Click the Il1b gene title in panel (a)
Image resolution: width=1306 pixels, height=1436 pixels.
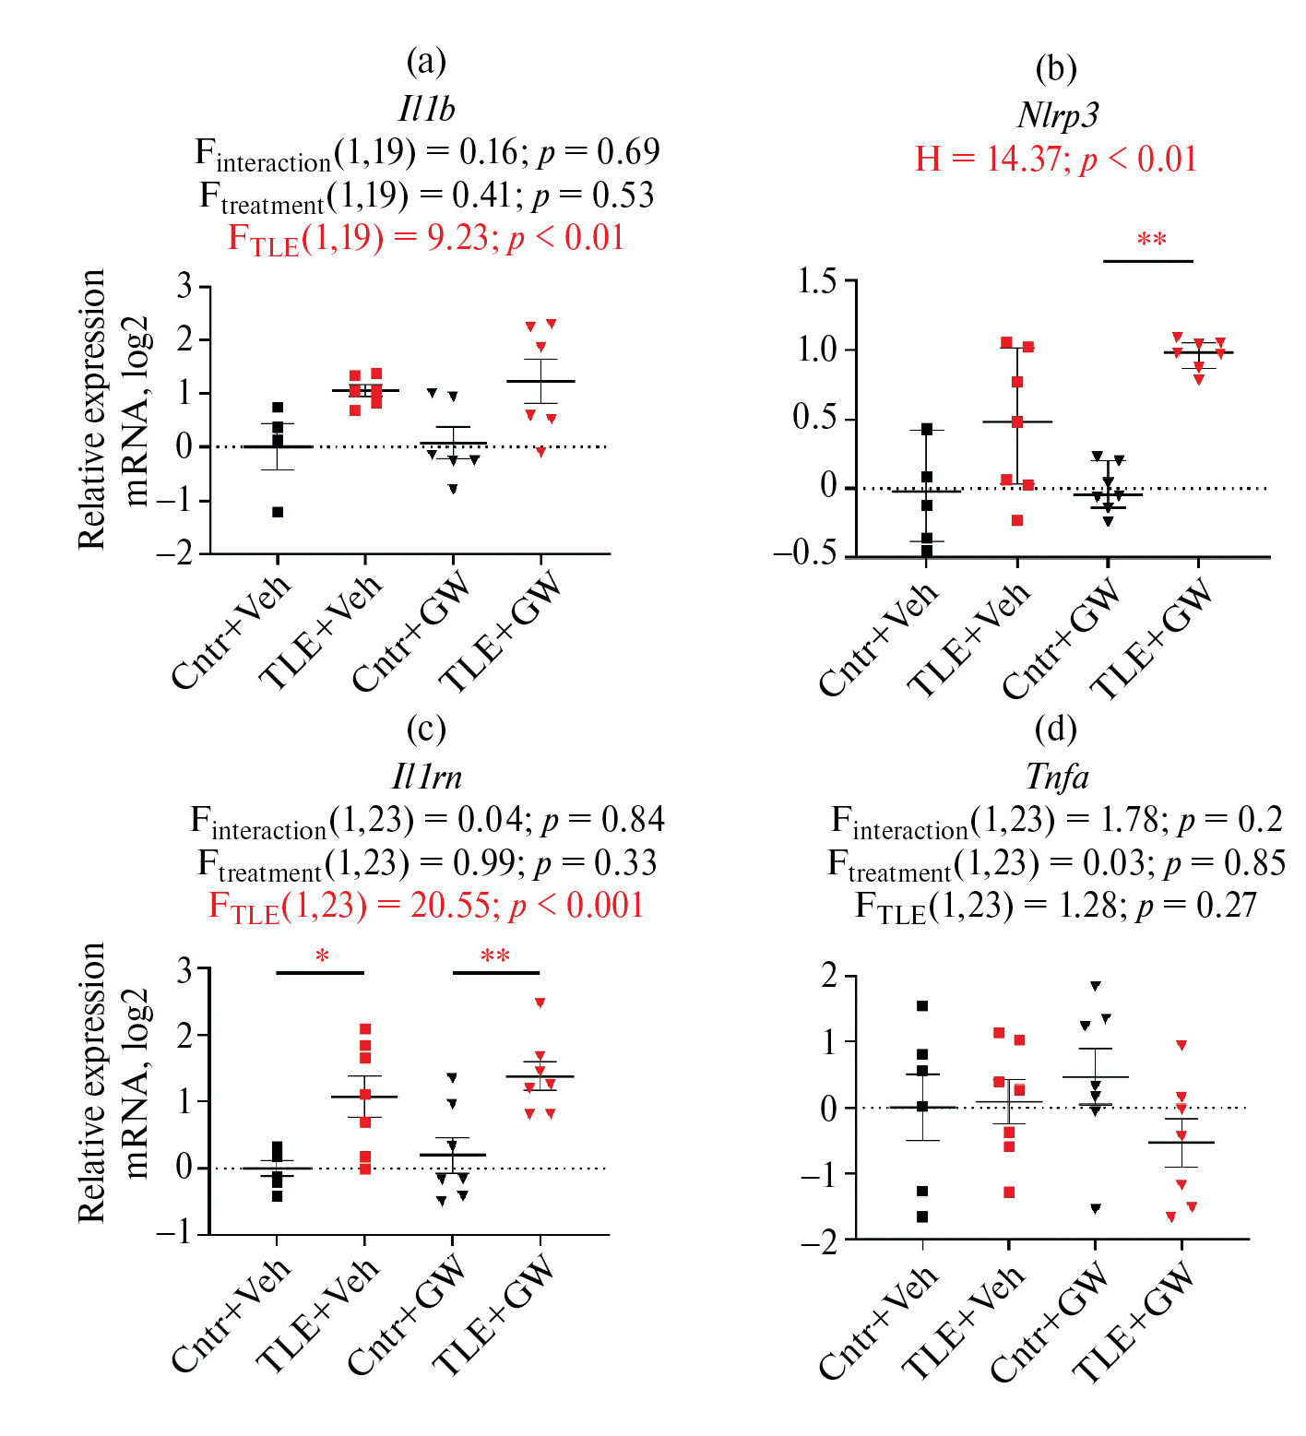[x=426, y=109]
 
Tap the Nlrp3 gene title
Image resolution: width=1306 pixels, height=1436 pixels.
[x=1057, y=115]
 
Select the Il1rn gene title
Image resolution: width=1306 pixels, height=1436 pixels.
[x=426, y=777]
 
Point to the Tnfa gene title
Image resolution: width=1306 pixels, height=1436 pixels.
[x=1057, y=777]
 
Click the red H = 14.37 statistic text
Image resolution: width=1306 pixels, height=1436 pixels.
[x=1055, y=159]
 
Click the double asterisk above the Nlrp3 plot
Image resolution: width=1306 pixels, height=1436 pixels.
[x=1151, y=242]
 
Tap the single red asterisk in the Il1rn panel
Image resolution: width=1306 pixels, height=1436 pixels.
[x=322, y=957]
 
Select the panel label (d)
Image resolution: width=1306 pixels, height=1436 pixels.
[x=1056, y=729]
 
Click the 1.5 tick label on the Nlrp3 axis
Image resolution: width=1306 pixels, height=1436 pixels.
[x=817, y=281]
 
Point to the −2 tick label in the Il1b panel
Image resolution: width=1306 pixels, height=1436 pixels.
[x=175, y=553]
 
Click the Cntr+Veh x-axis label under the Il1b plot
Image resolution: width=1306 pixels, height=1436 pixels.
[x=232, y=632]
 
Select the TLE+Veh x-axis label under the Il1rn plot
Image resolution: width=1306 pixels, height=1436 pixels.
[x=317, y=1314]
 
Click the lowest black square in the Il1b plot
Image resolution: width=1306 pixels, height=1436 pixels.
[x=278, y=512]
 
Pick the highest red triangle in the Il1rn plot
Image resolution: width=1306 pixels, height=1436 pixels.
[x=540, y=1003]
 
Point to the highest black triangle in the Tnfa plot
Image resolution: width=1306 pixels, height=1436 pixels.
[x=1096, y=986]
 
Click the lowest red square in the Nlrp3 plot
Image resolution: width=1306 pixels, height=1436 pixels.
[x=1017, y=520]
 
